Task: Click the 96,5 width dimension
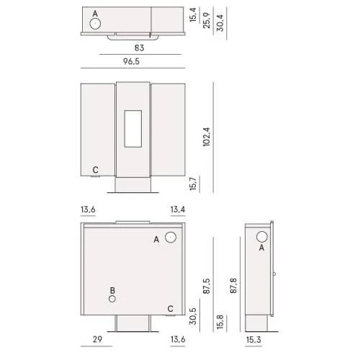click(131, 61)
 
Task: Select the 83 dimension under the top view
click(139, 48)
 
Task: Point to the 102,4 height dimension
click(207, 137)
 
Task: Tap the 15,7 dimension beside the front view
click(193, 184)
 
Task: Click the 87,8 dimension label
click(233, 286)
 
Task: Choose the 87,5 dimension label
click(207, 286)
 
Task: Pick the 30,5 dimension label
click(193, 316)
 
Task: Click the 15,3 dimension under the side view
click(253, 340)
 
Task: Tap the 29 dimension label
click(97, 339)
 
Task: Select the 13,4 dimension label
click(178, 210)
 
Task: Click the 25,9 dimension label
click(207, 20)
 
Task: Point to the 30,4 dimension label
click(220, 23)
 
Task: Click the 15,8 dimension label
click(220, 322)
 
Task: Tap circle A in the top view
click(95, 24)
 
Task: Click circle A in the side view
click(261, 237)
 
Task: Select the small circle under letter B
click(112, 299)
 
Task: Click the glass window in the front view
click(133, 129)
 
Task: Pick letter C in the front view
click(96, 170)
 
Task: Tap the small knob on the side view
click(274, 274)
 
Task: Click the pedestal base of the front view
click(132, 185)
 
